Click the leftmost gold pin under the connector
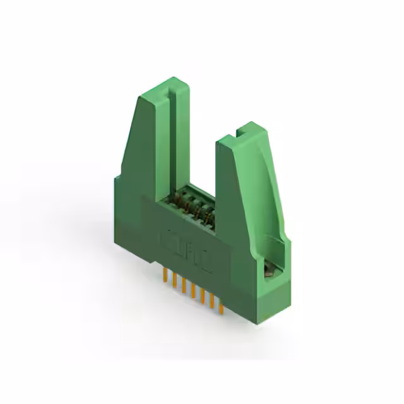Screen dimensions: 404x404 [165, 276]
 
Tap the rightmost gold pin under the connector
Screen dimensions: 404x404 [222, 305]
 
